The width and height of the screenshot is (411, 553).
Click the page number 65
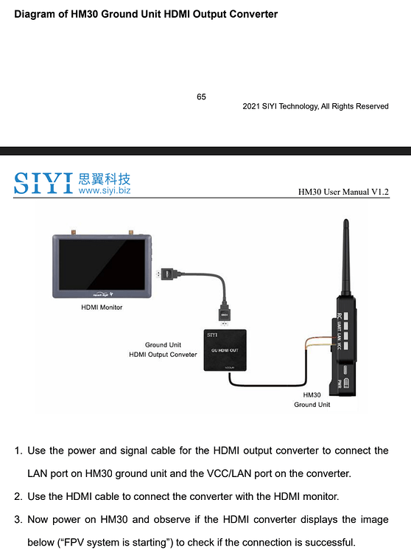point(201,97)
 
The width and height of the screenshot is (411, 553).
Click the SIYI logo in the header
point(42,182)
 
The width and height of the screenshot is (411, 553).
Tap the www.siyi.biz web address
point(104,190)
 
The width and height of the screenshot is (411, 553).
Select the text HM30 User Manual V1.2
point(343,192)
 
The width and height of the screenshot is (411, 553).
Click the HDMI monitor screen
point(101,266)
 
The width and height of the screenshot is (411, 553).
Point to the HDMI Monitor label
point(102,307)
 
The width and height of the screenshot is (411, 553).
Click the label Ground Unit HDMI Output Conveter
point(163,349)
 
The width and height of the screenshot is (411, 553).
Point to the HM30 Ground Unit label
point(312,400)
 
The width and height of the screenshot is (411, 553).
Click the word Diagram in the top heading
point(35,14)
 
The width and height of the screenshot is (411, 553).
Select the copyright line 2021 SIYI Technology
point(315,106)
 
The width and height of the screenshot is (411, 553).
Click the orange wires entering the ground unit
point(320,343)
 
